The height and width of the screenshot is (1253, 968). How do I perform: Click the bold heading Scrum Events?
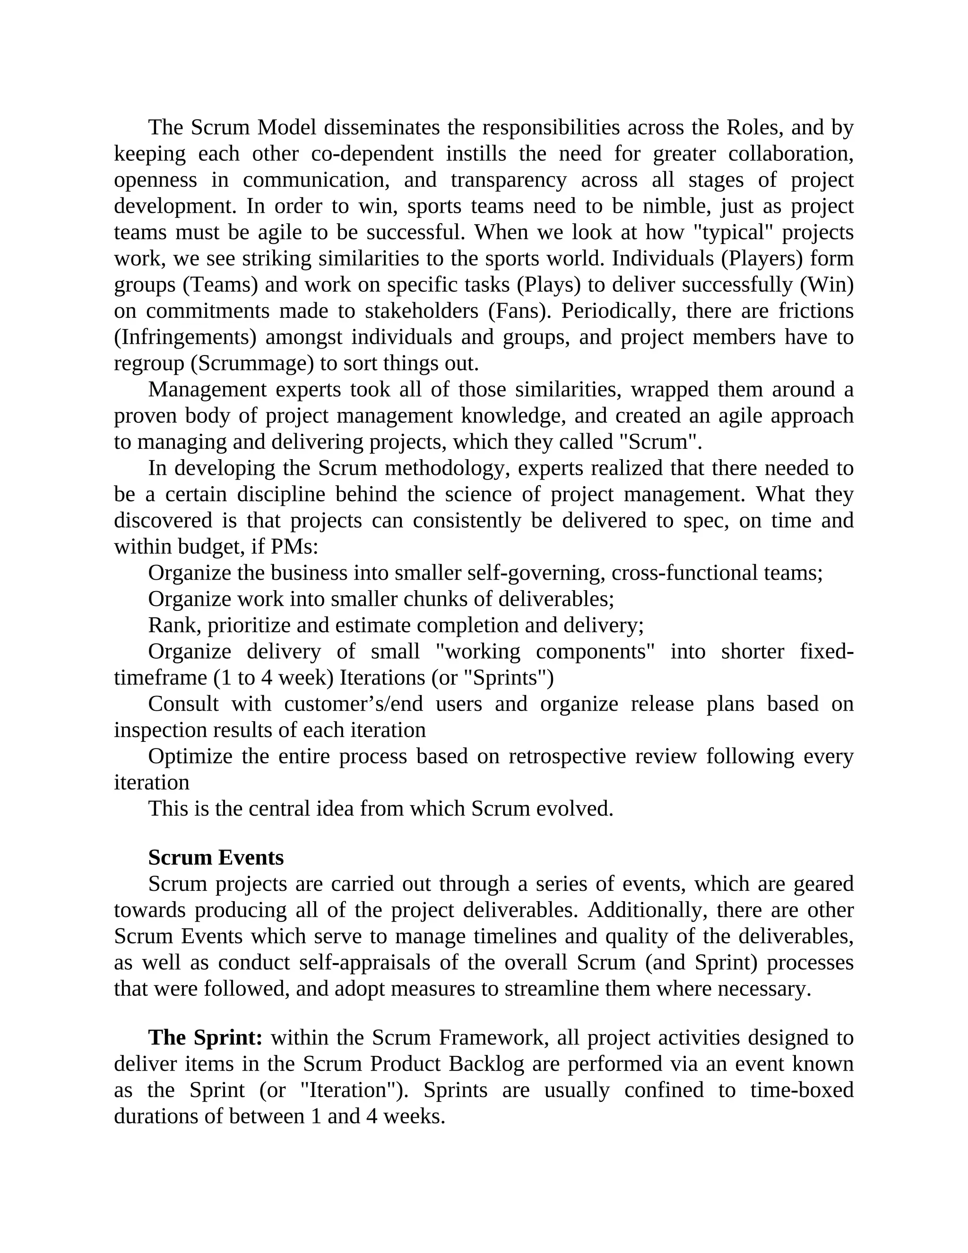pyautogui.click(x=216, y=858)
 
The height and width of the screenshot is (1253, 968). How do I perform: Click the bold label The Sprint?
pyautogui.click(x=205, y=1038)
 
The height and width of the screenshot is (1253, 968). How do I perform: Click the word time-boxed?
pyautogui.click(x=802, y=1090)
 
